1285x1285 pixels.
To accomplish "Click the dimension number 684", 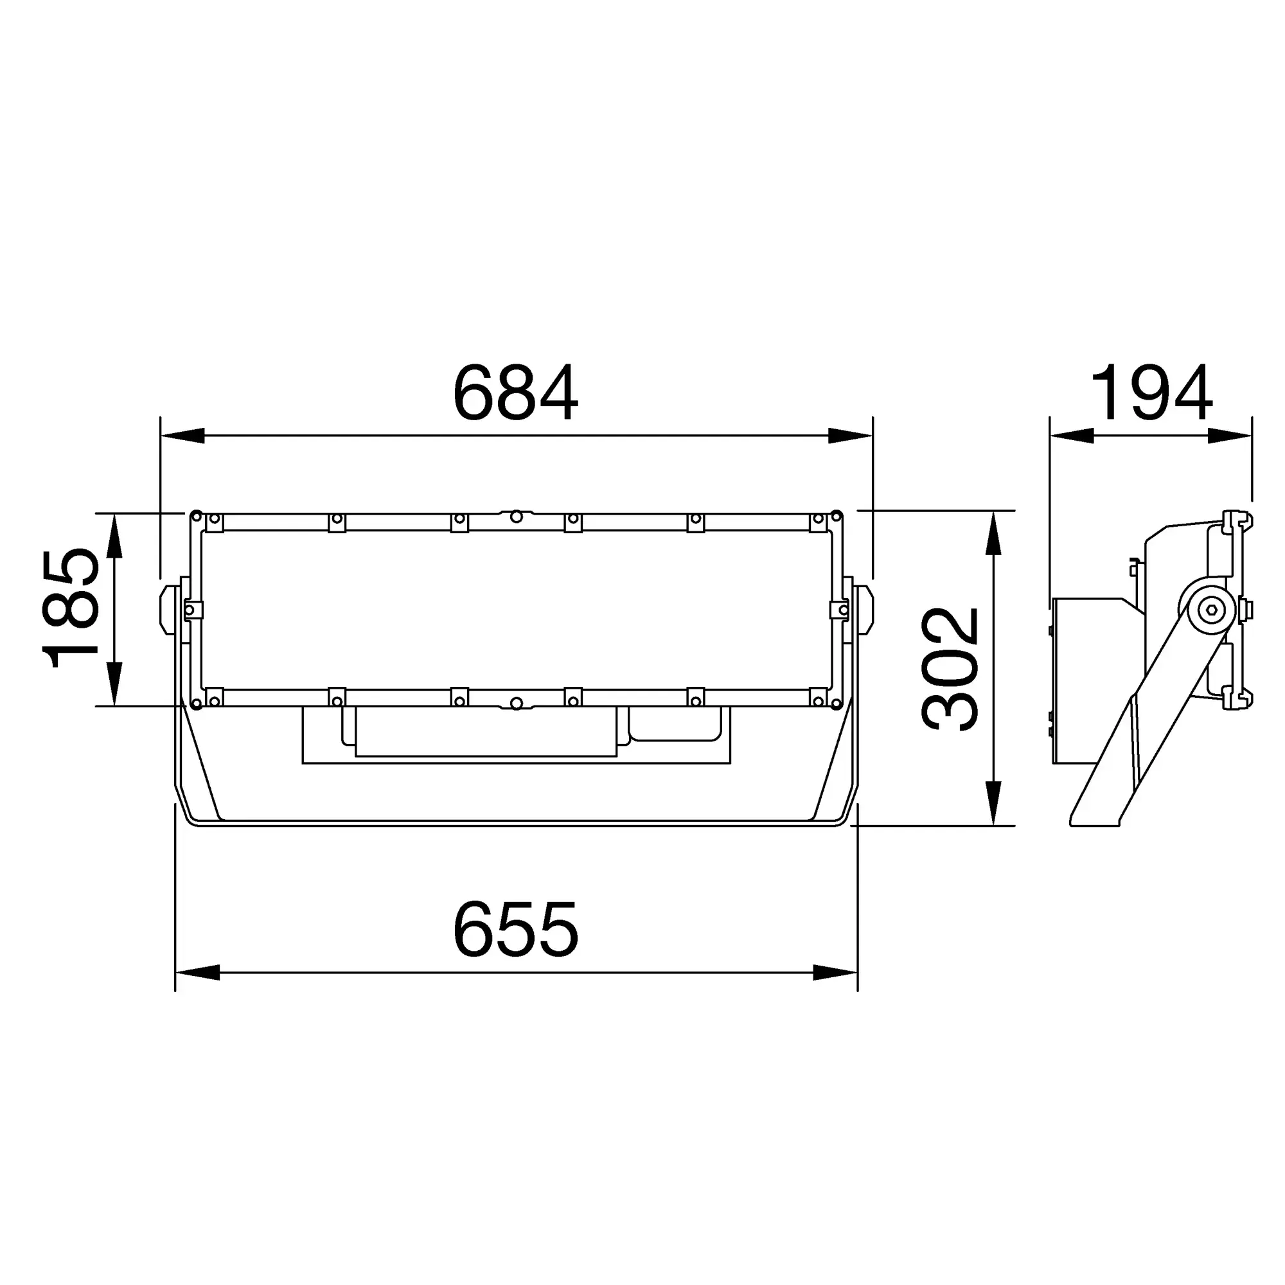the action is pos(515,393).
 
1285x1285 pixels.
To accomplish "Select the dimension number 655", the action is pos(515,929).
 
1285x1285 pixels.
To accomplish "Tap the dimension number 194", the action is pos(1151,393).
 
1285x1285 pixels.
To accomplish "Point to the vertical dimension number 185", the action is pos(71,608).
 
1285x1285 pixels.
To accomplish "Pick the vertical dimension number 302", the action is pos(950,669).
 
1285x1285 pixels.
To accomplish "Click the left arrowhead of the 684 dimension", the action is pos(182,436).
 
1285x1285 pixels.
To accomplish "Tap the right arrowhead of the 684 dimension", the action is pos(850,436).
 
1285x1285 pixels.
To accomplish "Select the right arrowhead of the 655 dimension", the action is pos(835,972).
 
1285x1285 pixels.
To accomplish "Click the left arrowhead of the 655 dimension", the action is pos(197,972).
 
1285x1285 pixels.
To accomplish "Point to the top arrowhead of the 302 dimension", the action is pos(993,533).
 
